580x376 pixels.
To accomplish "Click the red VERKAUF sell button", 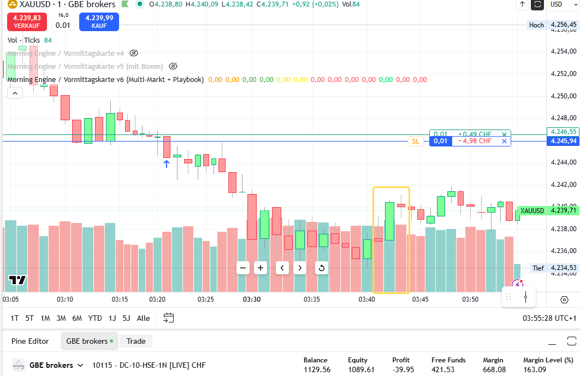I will pos(27,21).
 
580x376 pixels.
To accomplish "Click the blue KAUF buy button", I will pos(99,21).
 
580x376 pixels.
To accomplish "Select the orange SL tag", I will pos(416,142).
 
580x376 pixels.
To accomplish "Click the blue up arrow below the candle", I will pos(167,163).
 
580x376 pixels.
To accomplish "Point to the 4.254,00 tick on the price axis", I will pos(564,51).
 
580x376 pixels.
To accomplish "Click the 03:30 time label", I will pos(252,299).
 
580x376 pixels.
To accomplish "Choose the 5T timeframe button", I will pos(29,318).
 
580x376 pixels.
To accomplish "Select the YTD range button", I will pos(95,318).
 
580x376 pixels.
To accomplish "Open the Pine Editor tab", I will pos(30,341).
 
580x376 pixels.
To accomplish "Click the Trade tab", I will pos(136,341).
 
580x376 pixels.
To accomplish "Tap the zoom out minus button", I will pos(244,268).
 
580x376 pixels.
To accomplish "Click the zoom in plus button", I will pos(261,268).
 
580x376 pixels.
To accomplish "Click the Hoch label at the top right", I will pos(536,25).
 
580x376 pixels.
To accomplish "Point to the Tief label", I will pos(538,268).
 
